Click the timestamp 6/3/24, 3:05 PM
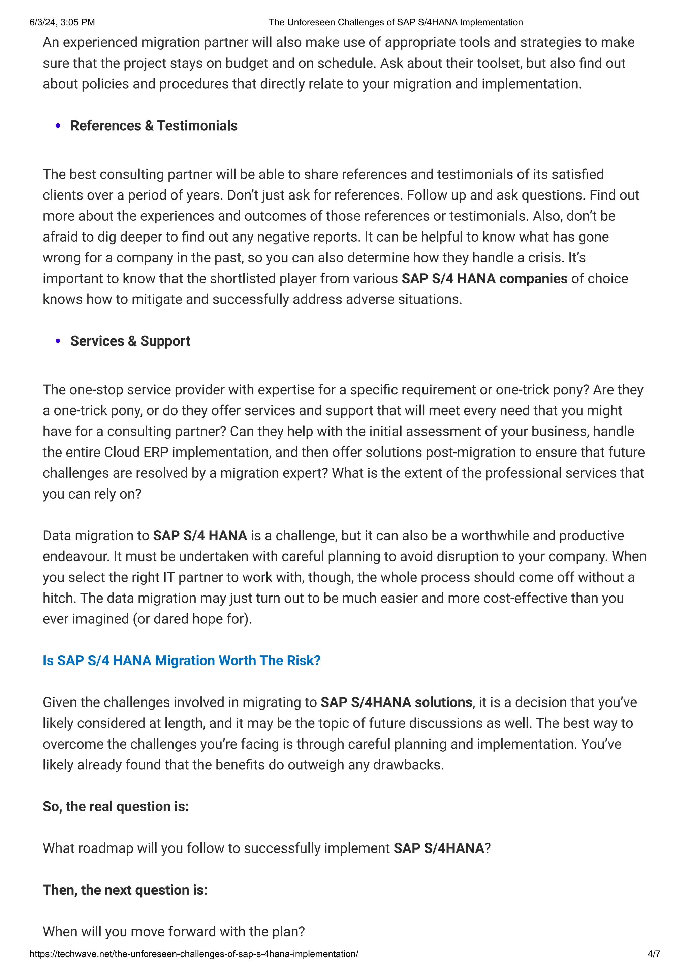[x=62, y=22]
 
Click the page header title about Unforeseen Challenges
[x=396, y=22]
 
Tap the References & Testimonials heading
[x=154, y=126]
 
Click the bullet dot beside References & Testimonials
[x=58, y=126]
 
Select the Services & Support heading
[x=130, y=341]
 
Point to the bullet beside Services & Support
[x=58, y=341]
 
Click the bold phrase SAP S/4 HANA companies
[x=484, y=279]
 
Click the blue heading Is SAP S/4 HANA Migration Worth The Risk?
[x=182, y=661]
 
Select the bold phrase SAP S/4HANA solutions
[x=396, y=702]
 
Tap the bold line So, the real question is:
[x=116, y=806]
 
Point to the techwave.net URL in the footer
[x=194, y=954]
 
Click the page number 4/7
[x=653, y=954]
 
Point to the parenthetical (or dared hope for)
[x=192, y=619]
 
